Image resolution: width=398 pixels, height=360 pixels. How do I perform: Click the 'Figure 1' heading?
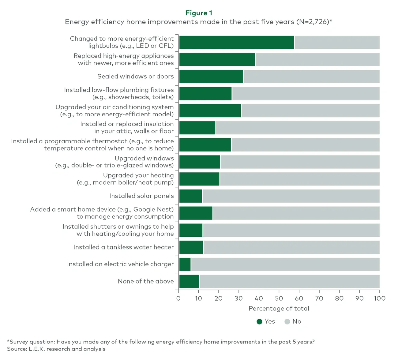click(x=199, y=13)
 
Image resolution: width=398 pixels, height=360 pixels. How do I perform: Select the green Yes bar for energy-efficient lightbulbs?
click(x=236, y=42)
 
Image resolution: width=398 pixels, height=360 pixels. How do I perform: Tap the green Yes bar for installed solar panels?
click(x=190, y=196)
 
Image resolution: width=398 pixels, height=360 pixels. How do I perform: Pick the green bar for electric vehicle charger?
click(x=185, y=264)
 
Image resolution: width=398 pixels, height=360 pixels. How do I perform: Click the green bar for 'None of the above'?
click(x=189, y=281)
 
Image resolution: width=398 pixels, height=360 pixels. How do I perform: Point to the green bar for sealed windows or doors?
click(x=211, y=77)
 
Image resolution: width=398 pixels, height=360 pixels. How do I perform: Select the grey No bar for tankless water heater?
click(x=291, y=247)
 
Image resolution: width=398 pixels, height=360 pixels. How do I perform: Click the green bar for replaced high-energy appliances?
click(x=217, y=59)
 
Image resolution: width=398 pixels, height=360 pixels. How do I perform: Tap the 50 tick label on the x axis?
click(x=279, y=298)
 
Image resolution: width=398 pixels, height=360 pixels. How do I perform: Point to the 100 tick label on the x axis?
click(x=379, y=298)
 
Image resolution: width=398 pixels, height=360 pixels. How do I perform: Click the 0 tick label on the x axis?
click(x=178, y=298)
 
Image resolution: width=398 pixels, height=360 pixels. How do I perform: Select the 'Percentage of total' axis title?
click(x=279, y=309)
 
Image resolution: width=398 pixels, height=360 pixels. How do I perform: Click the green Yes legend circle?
click(x=259, y=321)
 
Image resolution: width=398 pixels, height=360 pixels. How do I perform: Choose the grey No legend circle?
click(x=287, y=321)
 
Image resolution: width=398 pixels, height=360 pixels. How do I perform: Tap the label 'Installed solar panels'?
click(x=141, y=196)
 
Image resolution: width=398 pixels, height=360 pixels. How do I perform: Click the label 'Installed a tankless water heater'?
click(x=123, y=247)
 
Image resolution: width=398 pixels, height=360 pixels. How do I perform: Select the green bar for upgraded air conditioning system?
click(x=210, y=111)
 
